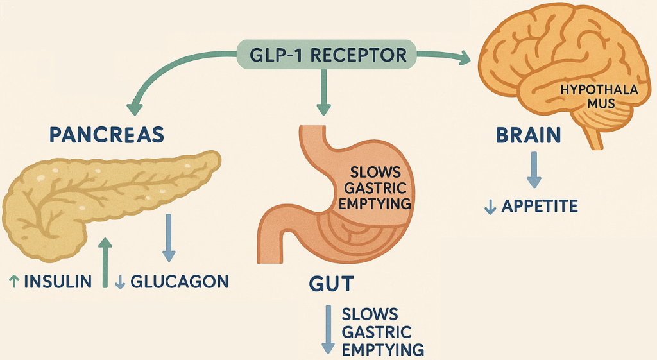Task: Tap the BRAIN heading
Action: [x=529, y=136]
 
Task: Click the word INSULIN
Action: [x=57, y=281]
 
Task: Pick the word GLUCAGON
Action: [x=179, y=281]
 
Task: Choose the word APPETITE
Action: [x=540, y=207]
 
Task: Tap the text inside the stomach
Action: [x=375, y=189]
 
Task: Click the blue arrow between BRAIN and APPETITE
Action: [x=534, y=170]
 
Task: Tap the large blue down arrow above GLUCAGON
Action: [x=168, y=237]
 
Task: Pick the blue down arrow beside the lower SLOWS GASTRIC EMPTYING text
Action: [x=327, y=330]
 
